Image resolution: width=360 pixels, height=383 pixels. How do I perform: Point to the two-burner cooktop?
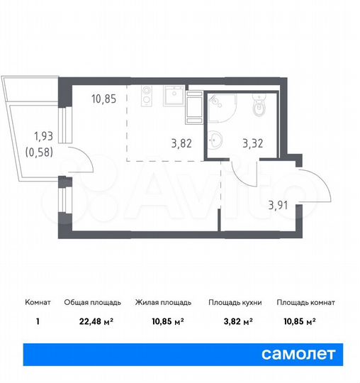tap(147, 96)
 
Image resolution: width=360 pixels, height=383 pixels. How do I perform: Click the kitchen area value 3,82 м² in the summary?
tap(235, 321)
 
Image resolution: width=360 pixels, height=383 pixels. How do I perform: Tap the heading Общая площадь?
tap(96, 302)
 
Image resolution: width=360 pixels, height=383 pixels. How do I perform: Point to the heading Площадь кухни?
tap(235, 302)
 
